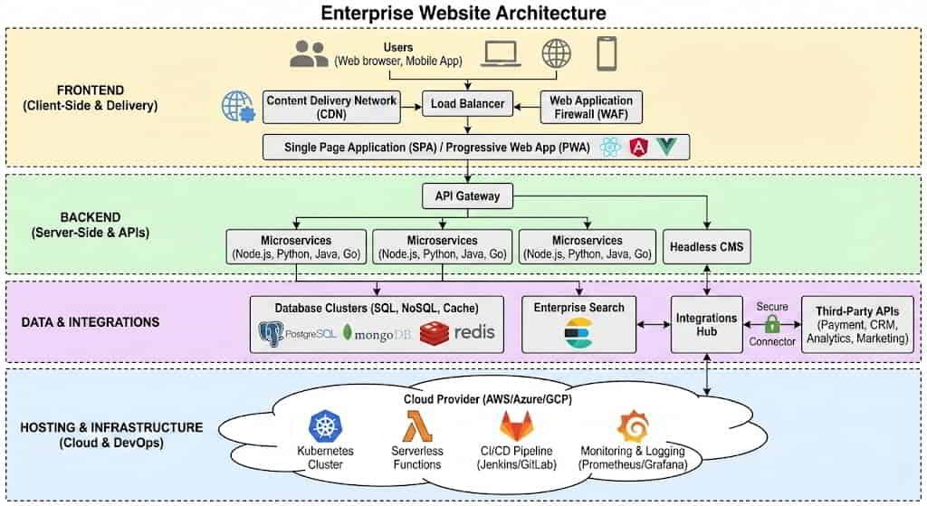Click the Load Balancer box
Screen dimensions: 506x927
click(x=468, y=103)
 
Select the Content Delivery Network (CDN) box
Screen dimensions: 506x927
click(x=330, y=107)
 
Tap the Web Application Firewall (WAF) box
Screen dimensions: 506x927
click(x=591, y=107)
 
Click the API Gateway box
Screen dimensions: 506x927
click(x=467, y=195)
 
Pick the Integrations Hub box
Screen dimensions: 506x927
click(x=706, y=325)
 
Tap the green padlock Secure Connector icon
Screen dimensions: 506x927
click(x=772, y=323)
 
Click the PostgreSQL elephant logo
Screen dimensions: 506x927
click(x=270, y=333)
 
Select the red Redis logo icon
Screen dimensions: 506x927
click(x=435, y=333)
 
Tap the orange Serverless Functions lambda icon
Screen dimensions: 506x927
click(x=416, y=426)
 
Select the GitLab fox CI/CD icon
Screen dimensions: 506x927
click(x=516, y=426)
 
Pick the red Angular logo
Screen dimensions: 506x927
click(x=640, y=147)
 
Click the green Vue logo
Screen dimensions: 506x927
click(x=667, y=147)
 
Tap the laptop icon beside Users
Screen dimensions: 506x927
click(x=501, y=54)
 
